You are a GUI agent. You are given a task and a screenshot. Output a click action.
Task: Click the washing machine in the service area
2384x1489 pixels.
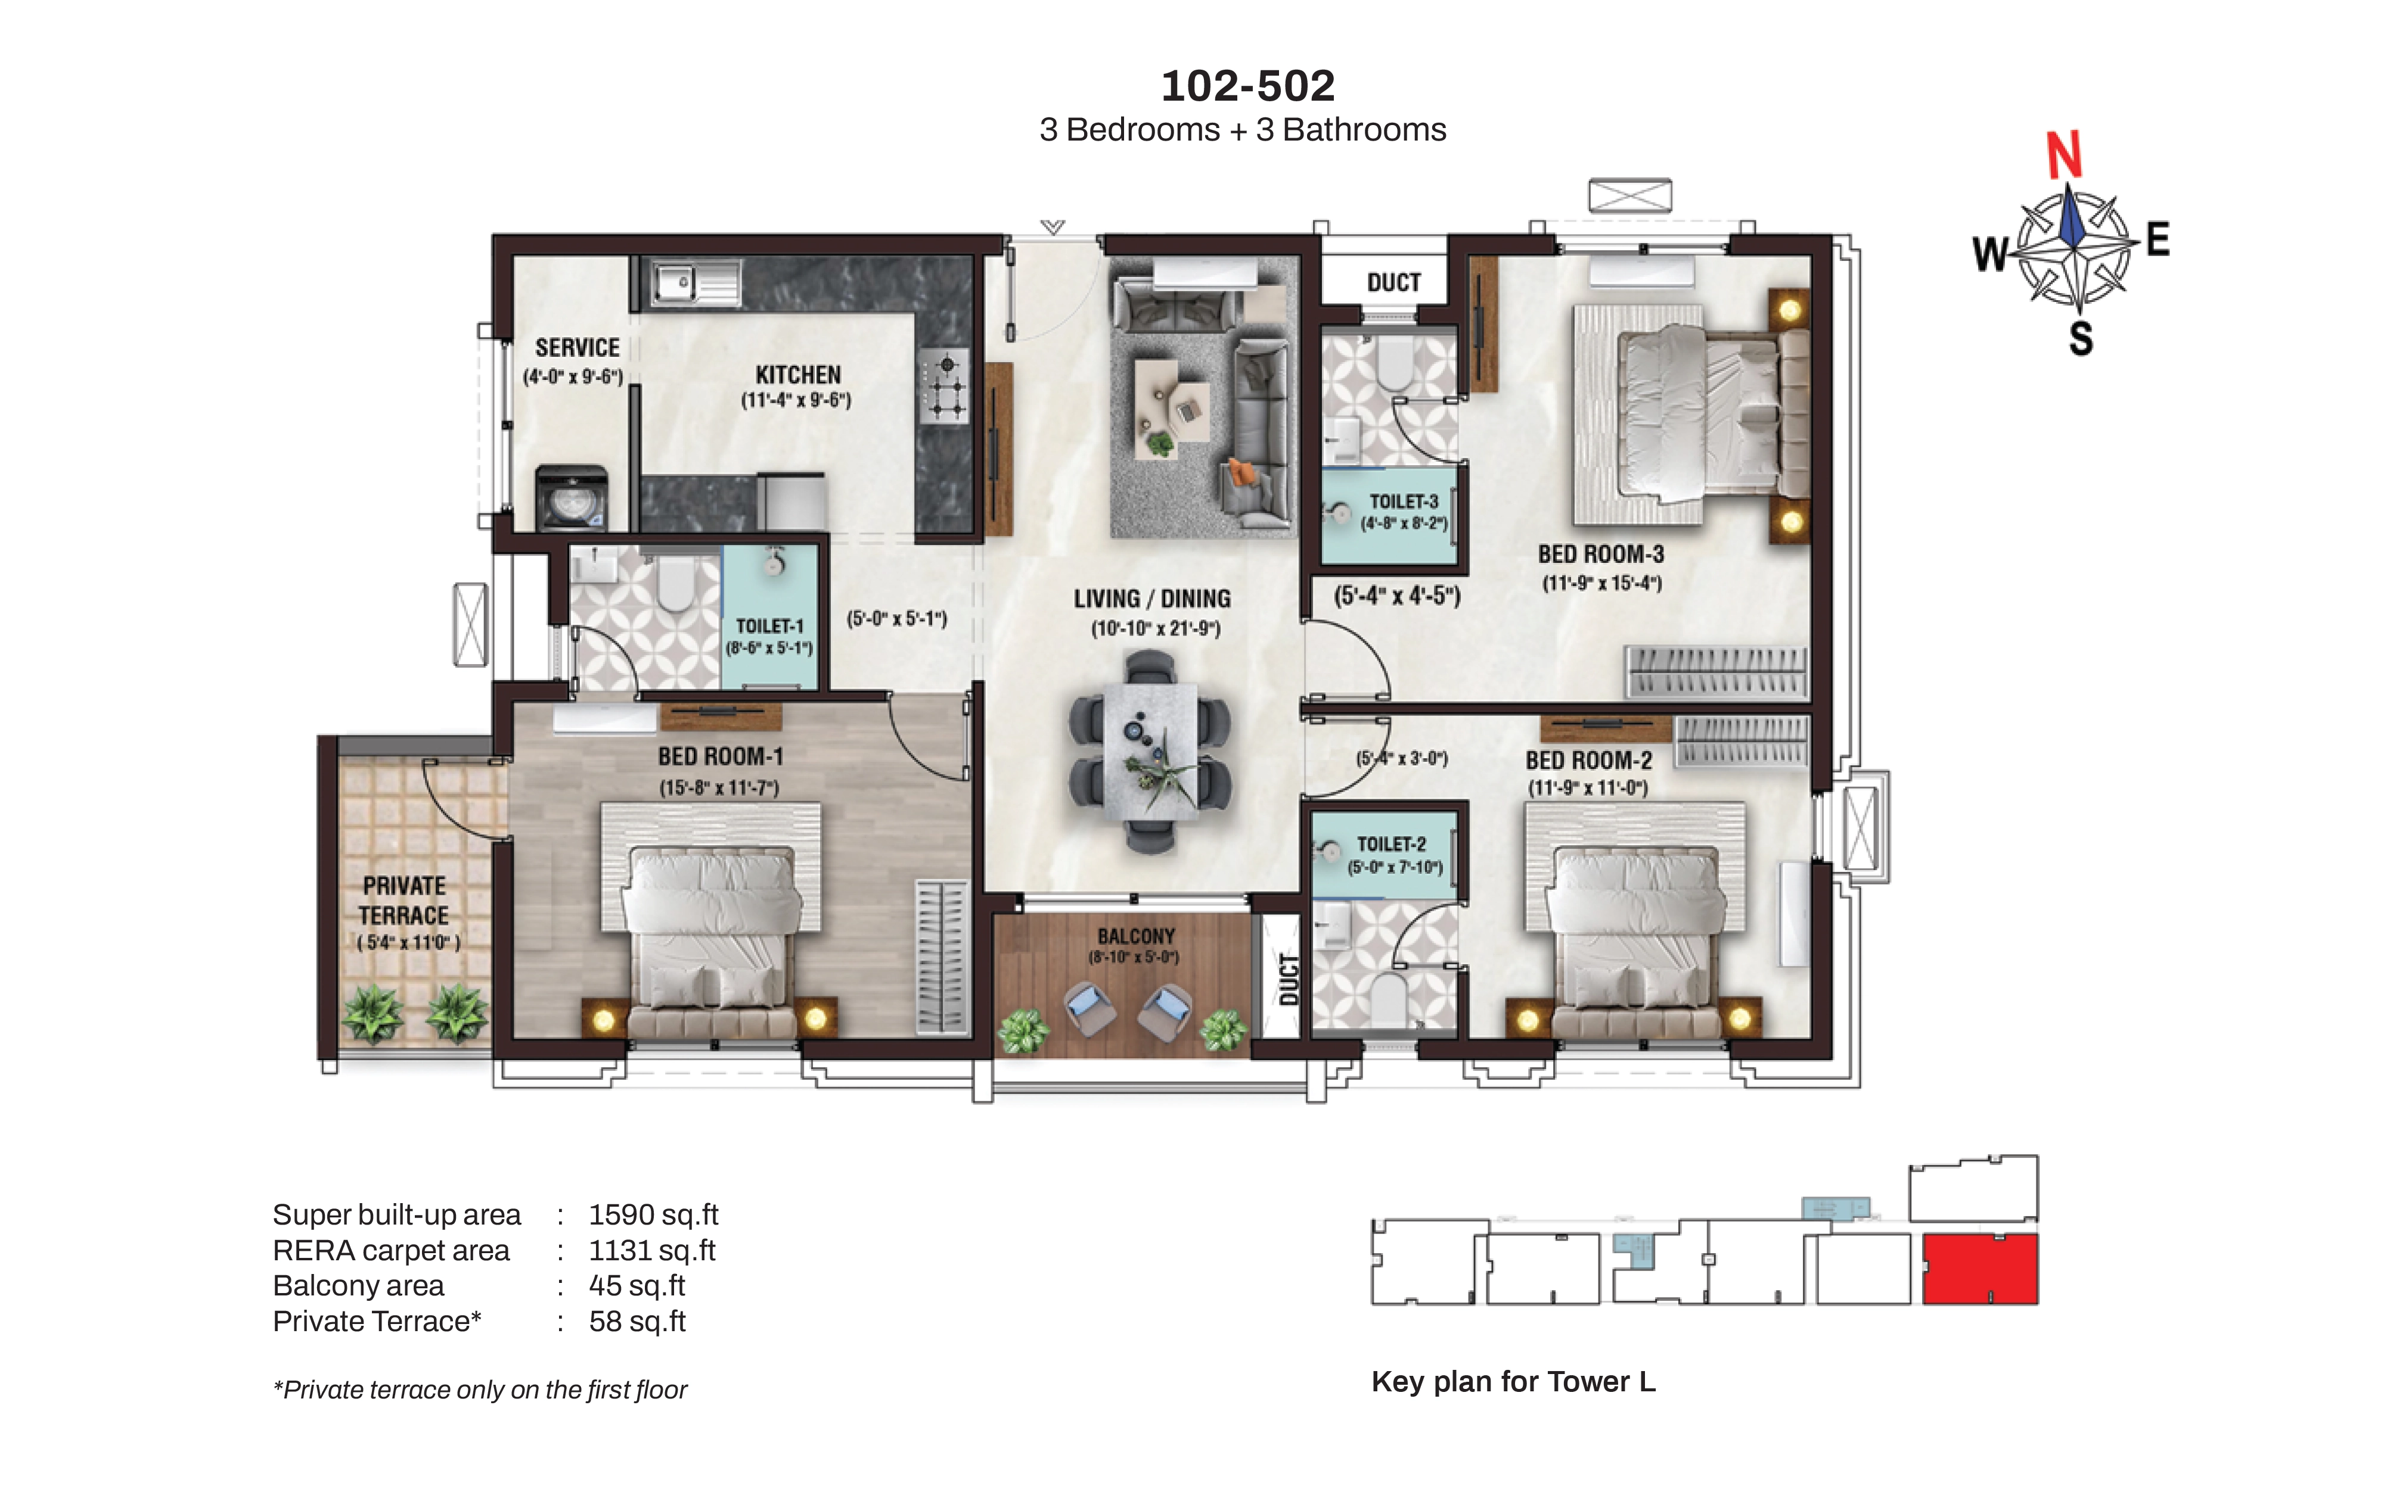click(572, 499)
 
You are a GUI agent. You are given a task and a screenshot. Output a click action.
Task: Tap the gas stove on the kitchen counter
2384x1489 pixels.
click(945, 386)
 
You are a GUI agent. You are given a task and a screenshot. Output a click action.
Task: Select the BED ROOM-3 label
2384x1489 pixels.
click(1601, 555)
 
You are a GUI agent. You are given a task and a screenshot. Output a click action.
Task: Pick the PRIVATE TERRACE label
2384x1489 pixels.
click(404, 900)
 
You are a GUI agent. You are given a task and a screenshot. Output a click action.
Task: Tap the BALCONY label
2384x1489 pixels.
click(1136, 936)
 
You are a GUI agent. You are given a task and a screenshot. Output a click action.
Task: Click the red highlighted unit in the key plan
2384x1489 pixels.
click(1980, 1269)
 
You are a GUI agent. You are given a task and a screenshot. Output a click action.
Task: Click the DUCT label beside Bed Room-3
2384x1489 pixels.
click(1393, 283)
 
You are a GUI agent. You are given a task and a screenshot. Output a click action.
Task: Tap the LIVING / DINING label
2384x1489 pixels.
click(1151, 599)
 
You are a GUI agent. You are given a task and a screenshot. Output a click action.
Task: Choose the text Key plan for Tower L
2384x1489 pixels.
click(1513, 1382)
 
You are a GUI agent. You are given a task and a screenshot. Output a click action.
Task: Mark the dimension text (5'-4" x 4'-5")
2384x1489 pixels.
click(1397, 595)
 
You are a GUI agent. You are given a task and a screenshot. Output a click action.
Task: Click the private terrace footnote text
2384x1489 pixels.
click(480, 1390)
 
